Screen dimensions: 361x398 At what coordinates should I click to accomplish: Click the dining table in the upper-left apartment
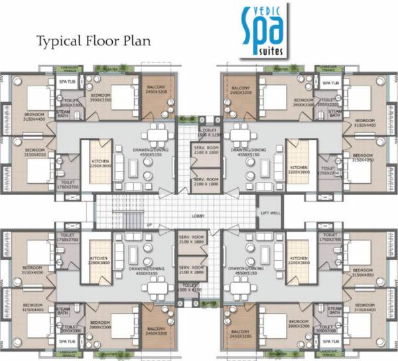tap(157, 138)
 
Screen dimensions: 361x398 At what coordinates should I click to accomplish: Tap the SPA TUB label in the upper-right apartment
tap(330, 83)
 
